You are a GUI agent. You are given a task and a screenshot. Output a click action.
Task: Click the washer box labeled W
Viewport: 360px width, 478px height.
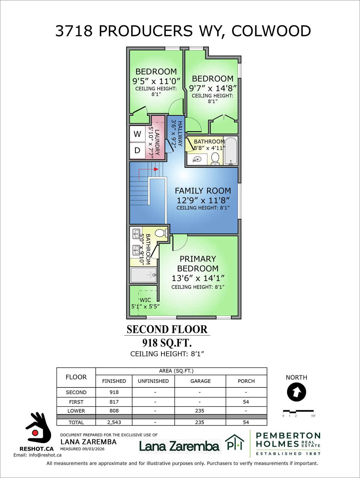point(137,134)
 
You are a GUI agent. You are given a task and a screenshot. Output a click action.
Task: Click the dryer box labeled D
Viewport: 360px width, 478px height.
point(137,151)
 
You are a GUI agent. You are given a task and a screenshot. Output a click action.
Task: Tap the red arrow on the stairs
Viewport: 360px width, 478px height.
point(156,169)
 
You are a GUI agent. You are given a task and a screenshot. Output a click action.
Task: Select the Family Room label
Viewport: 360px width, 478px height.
point(203,191)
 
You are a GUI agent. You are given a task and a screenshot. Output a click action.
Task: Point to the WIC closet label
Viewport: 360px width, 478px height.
point(145,300)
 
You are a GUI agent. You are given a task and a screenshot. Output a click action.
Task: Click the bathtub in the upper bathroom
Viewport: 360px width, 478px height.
point(231,151)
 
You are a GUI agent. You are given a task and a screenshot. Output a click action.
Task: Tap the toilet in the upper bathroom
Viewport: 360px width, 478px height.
point(215,158)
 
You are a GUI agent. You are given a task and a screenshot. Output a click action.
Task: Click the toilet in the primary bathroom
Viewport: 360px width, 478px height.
point(161,233)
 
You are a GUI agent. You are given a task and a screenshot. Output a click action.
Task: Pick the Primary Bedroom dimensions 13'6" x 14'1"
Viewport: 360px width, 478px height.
point(198,278)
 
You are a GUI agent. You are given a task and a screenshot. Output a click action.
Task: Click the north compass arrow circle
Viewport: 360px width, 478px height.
point(297,392)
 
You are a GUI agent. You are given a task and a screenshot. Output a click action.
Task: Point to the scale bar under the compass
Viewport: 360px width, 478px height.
point(298,411)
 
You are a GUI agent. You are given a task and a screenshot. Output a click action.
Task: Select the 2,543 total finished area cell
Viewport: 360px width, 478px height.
point(114,422)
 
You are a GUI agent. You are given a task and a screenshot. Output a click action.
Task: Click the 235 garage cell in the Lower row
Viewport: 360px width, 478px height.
point(200,411)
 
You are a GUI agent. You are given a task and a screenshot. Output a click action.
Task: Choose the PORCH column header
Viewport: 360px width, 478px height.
point(246,381)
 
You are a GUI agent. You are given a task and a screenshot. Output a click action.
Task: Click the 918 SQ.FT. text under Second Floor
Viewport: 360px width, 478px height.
point(167,343)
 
